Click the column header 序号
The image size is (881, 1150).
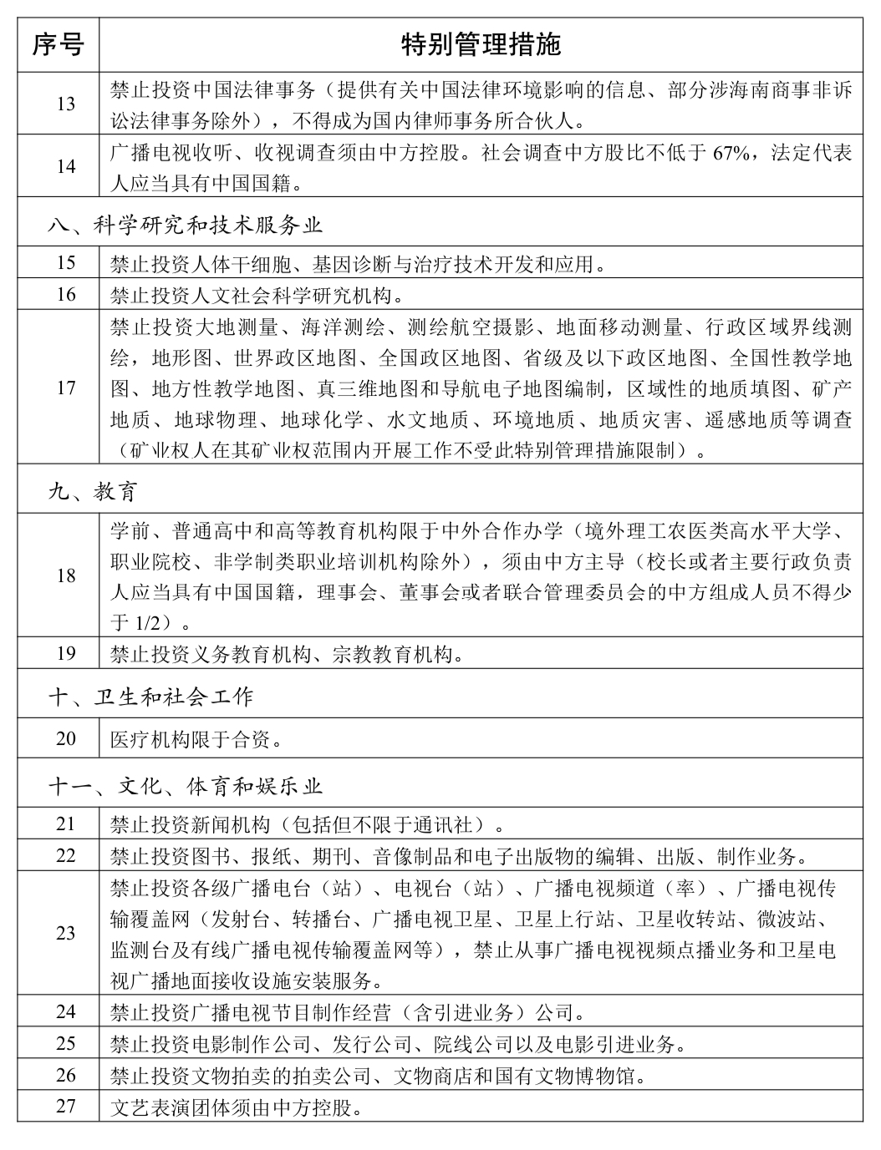[x=58, y=44]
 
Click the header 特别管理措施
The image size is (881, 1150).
[x=481, y=44]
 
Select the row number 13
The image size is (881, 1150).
[x=65, y=104]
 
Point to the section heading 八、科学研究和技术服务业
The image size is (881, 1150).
[x=184, y=225]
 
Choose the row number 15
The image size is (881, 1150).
[x=65, y=263]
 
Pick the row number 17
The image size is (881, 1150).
[x=65, y=388]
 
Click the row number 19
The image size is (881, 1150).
[x=65, y=653]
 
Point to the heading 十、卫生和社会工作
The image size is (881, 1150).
[x=150, y=696]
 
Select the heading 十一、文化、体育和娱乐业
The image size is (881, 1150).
[x=185, y=786]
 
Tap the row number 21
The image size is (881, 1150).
[x=65, y=824]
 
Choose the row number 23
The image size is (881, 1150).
[x=65, y=933]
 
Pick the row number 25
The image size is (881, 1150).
[x=65, y=1043]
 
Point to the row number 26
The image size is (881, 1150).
[x=65, y=1075]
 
